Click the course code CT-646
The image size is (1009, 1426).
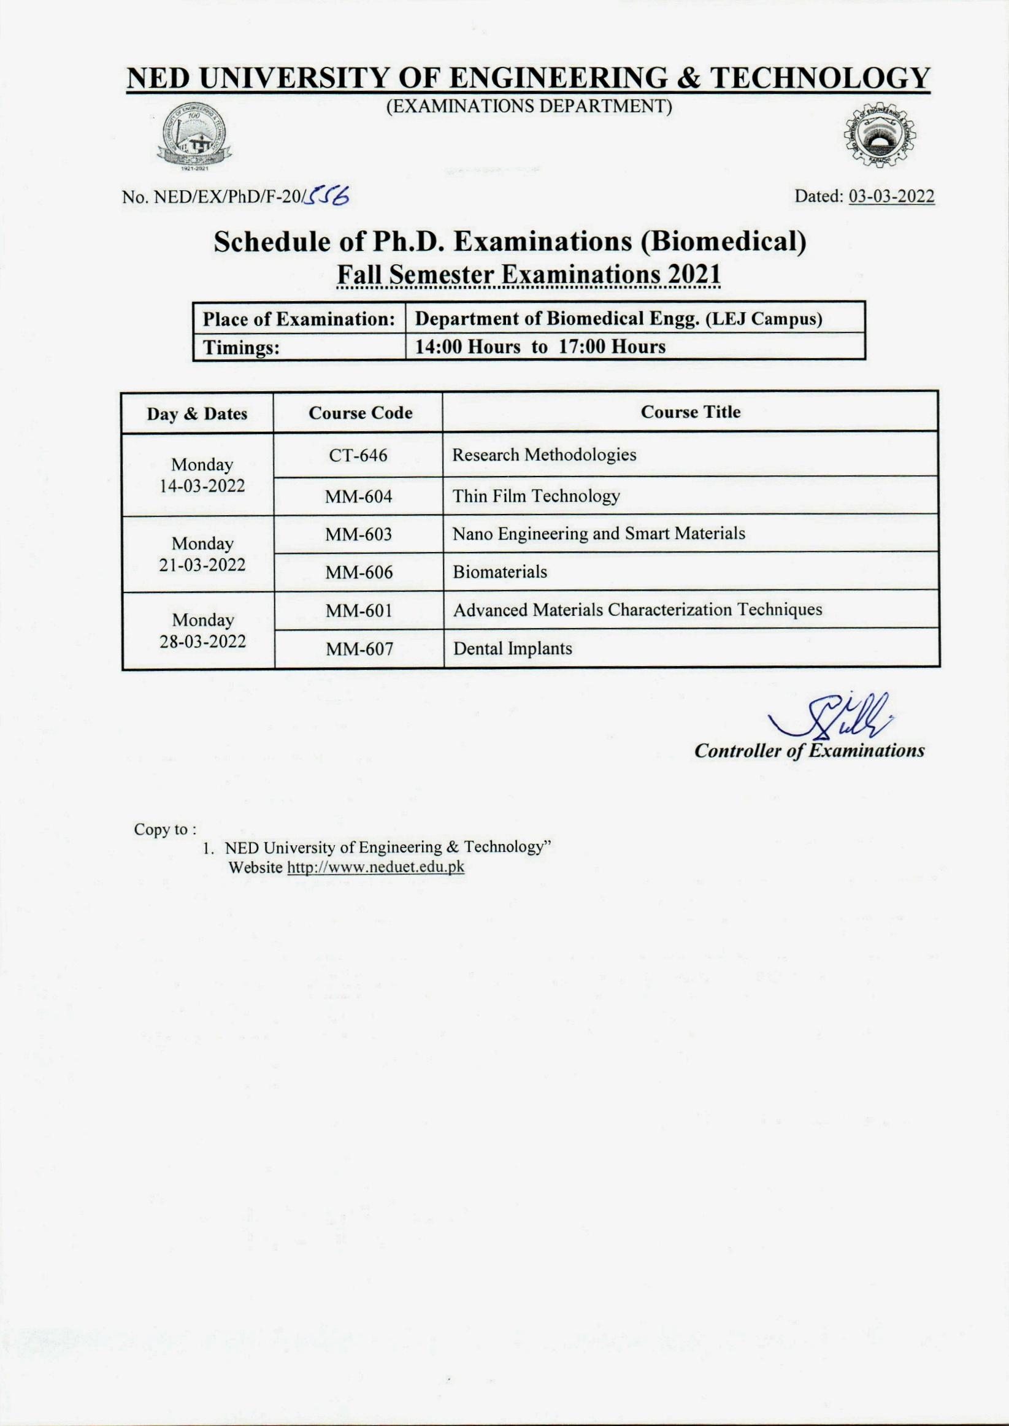point(358,455)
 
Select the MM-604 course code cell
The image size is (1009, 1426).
point(358,496)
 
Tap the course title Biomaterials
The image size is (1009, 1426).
point(499,572)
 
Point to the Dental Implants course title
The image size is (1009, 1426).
point(512,648)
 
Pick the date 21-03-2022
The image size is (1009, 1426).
point(202,565)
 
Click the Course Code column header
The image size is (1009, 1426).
point(361,413)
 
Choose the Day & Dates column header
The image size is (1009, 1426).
point(197,413)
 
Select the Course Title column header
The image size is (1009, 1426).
point(690,412)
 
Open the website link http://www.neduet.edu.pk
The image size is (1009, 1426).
point(375,867)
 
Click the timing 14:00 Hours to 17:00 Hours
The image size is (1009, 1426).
point(540,347)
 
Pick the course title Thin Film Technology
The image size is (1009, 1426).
point(535,496)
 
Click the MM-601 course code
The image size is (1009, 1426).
point(359,610)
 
